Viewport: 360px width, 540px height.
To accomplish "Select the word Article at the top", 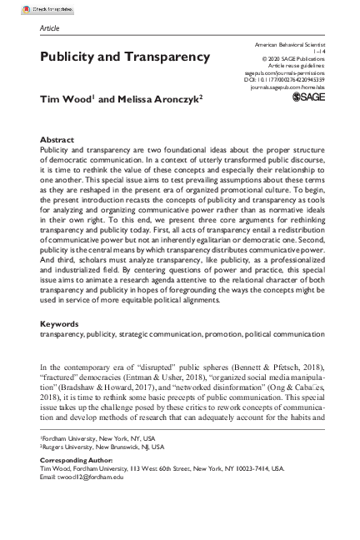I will click(x=50, y=27).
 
